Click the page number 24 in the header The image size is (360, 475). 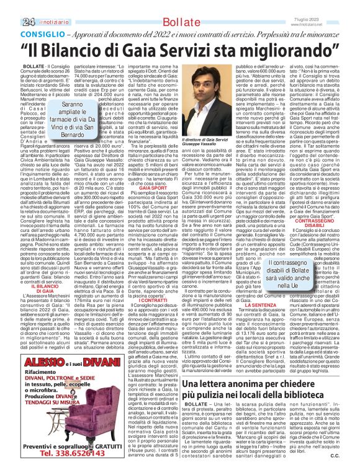coord(11,22)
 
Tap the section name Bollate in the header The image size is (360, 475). coord(181,22)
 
